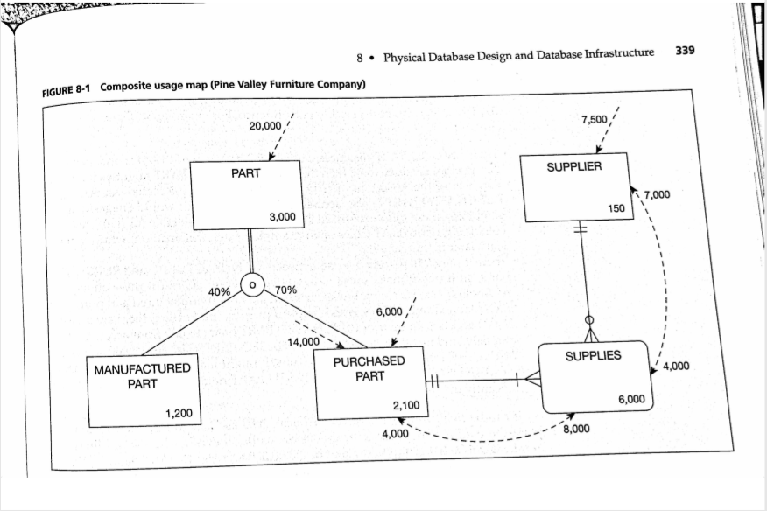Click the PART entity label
pos(245,173)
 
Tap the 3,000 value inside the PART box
pos(282,216)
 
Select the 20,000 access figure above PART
pos(265,126)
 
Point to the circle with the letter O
pos(252,285)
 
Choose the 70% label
pos(286,290)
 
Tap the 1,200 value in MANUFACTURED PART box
pos(180,412)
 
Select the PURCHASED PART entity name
pos(369,368)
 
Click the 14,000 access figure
pos(304,341)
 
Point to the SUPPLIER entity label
pos(574,166)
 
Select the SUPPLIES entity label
pos(593,356)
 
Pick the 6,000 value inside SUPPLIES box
pos(631,399)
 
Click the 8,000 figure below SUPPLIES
pos(575,429)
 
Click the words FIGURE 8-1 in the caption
pos(67,89)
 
